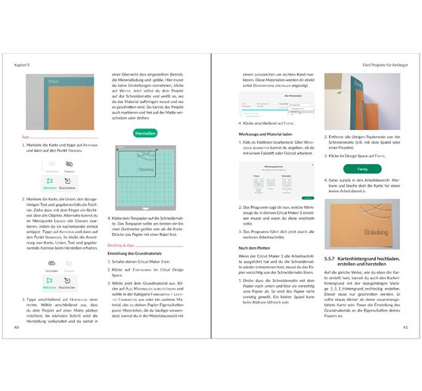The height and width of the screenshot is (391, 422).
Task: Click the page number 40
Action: tap(17, 327)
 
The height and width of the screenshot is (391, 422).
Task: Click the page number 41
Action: tap(405, 327)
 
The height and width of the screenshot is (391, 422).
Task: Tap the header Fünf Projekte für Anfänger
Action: tap(381, 65)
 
